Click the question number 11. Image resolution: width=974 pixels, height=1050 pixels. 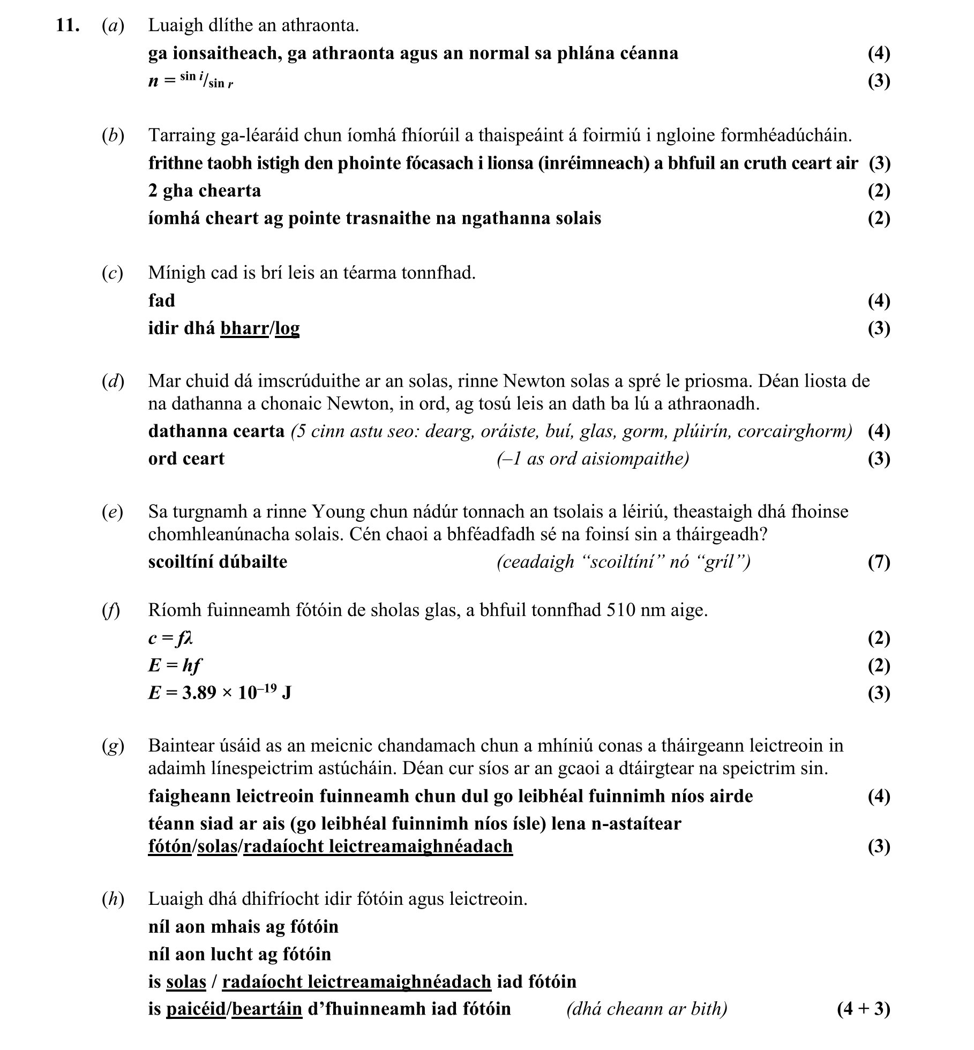(x=68, y=26)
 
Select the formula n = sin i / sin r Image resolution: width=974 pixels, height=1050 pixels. (x=191, y=81)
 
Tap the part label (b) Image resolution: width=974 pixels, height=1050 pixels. (x=113, y=136)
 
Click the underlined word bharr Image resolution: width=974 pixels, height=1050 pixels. (x=244, y=328)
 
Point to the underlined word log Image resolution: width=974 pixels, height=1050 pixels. (x=287, y=328)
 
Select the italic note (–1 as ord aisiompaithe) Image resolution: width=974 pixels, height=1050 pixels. (x=593, y=459)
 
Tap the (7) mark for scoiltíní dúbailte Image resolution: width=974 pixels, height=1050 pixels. (x=879, y=562)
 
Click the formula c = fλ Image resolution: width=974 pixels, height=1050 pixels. (x=170, y=638)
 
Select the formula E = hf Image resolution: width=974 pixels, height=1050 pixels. (x=175, y=665)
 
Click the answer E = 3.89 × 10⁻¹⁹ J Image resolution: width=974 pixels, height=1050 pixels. (x=220, y=693)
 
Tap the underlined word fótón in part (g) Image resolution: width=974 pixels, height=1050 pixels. (x=170, y=846)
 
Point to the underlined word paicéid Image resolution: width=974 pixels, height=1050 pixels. (x=196, y=1009)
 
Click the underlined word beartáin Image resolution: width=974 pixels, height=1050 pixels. (x=267, y=1009)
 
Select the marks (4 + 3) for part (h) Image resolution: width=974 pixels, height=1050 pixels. (x=863, y=1009)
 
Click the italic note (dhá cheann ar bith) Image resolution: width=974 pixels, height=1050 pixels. (x=647, y=1009)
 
